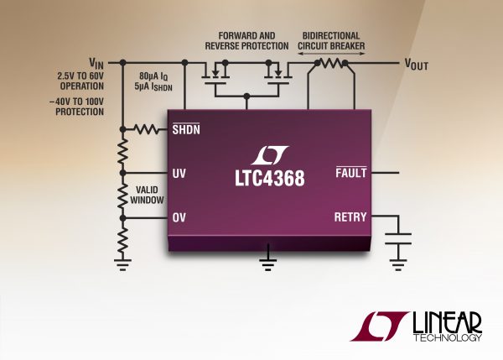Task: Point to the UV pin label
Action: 179,174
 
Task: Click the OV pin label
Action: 179,217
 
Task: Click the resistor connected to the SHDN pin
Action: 148,129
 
